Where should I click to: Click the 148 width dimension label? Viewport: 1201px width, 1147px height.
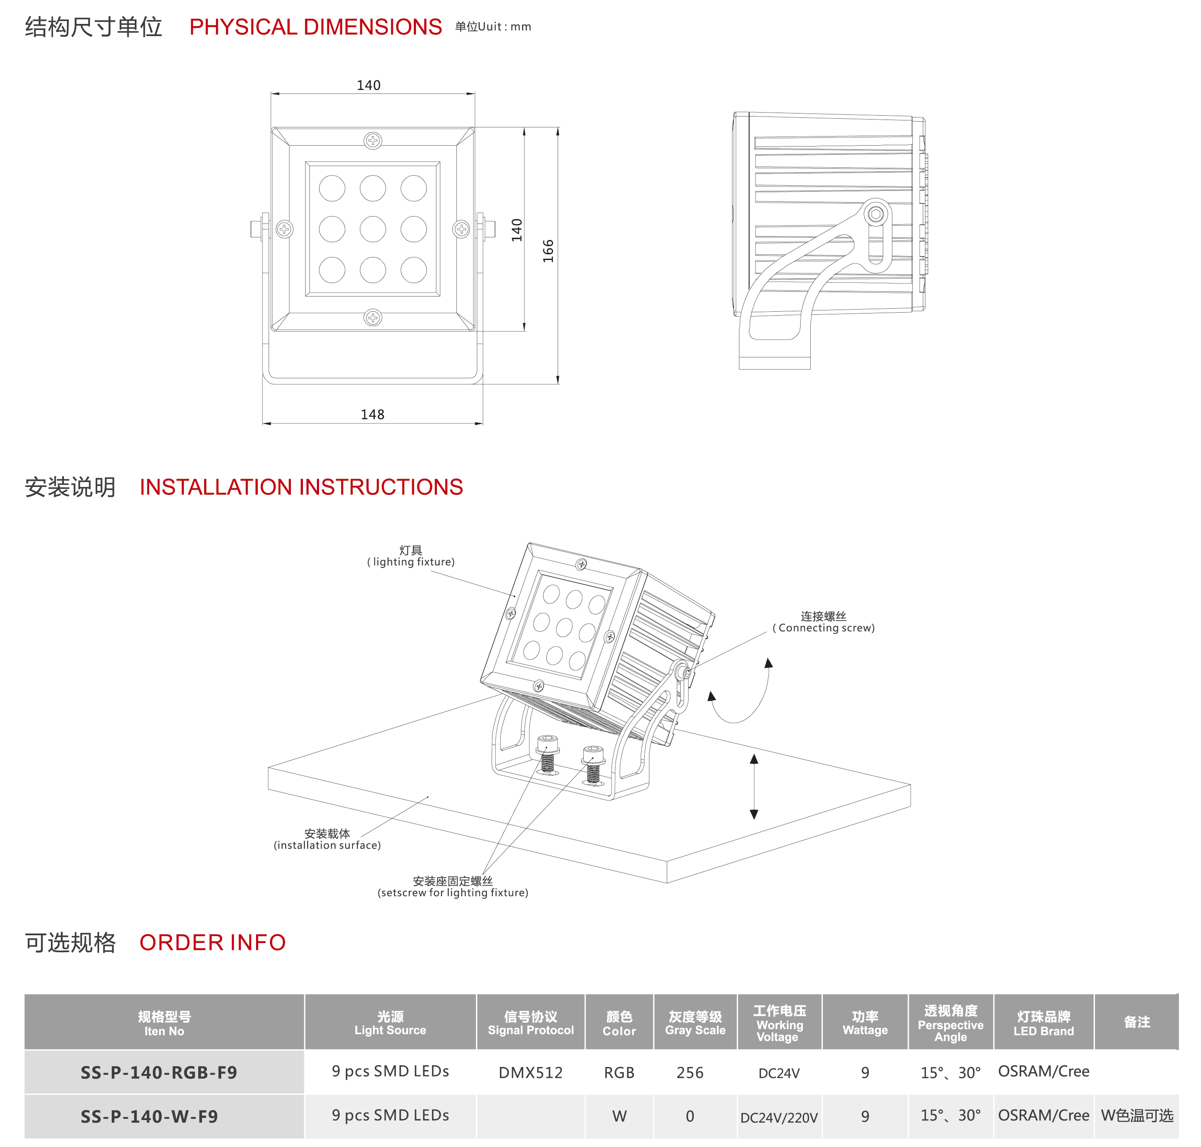[x=372, y=414]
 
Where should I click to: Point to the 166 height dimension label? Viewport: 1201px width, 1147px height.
[x=548, y=251]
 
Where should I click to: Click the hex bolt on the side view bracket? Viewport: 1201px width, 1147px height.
[x=876, y=214]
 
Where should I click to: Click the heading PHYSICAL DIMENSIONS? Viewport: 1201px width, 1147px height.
[x=316, y=27]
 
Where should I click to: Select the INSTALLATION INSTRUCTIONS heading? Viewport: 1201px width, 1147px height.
[x=301, y=487]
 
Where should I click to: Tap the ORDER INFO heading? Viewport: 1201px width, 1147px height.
[x=213, y=943]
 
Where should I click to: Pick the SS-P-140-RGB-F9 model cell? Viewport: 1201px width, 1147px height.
[x=159, y=1072]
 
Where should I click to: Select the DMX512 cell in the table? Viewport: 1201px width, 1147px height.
[x=531, y=1072]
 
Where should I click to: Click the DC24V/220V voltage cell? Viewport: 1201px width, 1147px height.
[x=778, y=1118]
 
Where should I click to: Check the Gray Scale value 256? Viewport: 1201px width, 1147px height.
[x=690, y=1072]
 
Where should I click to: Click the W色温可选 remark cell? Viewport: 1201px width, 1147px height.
[x=1137, y=1116]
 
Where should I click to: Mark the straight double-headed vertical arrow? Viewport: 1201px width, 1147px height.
[x=754, y=786]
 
